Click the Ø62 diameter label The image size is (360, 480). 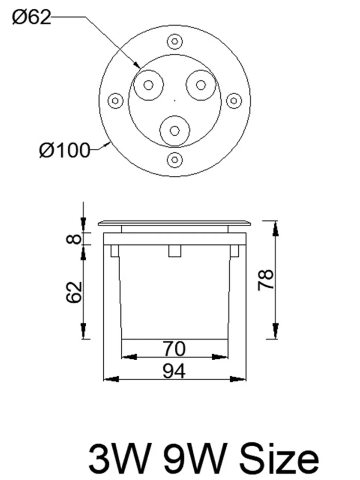tap(32, 17)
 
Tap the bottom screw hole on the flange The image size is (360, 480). tap(175, 158)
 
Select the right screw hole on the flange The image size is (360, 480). tap(234, 100)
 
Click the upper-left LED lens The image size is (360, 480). tap(148, 85)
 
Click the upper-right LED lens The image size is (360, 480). tap(201, 85)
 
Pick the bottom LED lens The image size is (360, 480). tap(175, 131)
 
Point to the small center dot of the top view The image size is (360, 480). tap(175, 100)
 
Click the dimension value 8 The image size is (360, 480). tap(75, 238)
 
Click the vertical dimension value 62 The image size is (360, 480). tap(75, 292)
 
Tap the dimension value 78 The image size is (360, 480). tap(266, 279)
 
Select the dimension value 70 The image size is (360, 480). tap(174, 349)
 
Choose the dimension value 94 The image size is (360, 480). tap(174, 371)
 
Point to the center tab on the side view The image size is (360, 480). tap(175, 251)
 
